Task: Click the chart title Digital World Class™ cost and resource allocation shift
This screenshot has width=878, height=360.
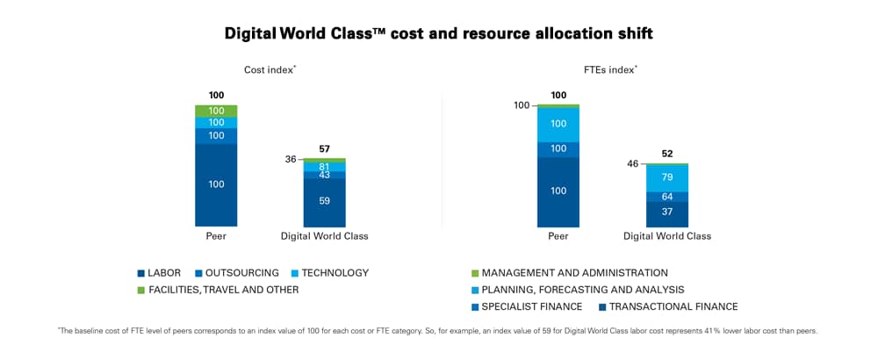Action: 438,33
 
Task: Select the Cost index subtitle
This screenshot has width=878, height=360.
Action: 270,68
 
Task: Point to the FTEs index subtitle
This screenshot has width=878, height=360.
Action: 612,68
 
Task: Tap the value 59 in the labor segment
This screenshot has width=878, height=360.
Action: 324,201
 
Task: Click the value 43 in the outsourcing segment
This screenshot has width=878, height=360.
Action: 324,175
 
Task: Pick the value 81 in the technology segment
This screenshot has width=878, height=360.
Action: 324,167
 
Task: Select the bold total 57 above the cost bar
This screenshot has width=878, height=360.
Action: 324,149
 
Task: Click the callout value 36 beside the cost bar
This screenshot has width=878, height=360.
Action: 291,160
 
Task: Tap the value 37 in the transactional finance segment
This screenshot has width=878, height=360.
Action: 666,212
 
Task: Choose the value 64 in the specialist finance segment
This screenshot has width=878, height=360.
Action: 666,197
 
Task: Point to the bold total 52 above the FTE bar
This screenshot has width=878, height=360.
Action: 666,154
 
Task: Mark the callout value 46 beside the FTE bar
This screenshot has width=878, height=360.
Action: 633,164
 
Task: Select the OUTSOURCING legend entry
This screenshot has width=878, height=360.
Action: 236,273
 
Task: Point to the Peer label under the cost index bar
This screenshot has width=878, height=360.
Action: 216,236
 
